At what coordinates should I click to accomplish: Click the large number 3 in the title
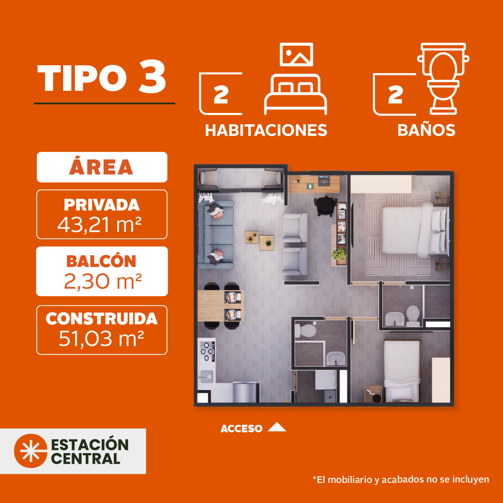click(x=152, y=77)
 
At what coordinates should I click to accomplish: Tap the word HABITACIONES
click(x=266, y=130)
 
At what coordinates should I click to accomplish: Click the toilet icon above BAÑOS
click(x=443, y=79)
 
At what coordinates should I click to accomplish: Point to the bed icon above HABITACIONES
click(x=295, y=95)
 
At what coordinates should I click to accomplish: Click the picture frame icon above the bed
click(x=296, y=54)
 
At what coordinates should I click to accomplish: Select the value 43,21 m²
click(x=100, y=225)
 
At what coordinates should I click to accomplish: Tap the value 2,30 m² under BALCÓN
click(x=103, y=281)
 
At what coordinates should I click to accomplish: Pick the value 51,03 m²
click(x=101, y=339)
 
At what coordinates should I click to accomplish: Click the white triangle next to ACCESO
click(x=277, y=427)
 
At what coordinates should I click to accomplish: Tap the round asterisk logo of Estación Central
click(x=31, y=451)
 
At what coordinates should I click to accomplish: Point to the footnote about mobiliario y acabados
click(x=400, y=480)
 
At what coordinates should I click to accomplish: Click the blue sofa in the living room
click(x=216, y=235)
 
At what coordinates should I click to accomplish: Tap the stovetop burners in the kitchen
click(x=208, y=352)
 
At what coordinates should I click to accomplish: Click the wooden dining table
click(x=221, y=305)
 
